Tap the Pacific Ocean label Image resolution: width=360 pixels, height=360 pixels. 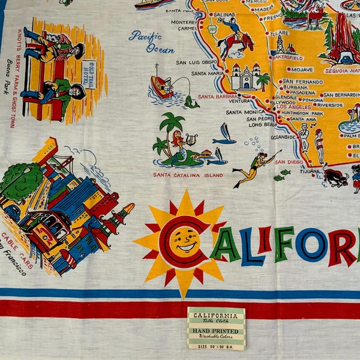click(151, 41)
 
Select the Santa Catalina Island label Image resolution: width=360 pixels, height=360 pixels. click(188, 175)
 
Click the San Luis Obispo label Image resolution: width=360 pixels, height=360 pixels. click(197, 62)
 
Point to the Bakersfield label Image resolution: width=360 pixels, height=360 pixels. click(288, 58)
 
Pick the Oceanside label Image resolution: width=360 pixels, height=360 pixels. click(283, 137)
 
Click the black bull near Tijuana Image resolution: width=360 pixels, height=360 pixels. click(336, 176)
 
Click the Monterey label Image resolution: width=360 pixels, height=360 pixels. click(183, 22)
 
